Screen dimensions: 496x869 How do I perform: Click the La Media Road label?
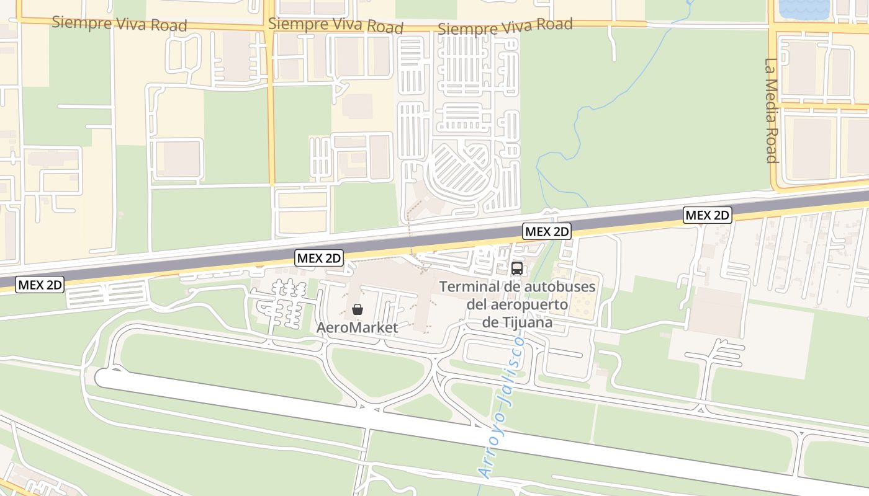[771, 110]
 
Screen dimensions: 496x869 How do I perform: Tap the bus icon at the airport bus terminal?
[516, 268]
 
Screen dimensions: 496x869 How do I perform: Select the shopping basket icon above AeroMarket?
[357, 309]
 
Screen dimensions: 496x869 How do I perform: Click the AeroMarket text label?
[357, 327]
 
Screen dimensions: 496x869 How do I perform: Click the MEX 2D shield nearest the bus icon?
[546, 232]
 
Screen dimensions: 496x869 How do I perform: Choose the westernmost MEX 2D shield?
[40, 285]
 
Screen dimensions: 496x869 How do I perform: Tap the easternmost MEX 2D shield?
[708, 215]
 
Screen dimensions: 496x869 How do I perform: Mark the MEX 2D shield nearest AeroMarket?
[319, 258]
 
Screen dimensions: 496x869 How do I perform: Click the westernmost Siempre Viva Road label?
[119, 24]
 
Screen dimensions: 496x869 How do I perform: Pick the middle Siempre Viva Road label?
[336, 25]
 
